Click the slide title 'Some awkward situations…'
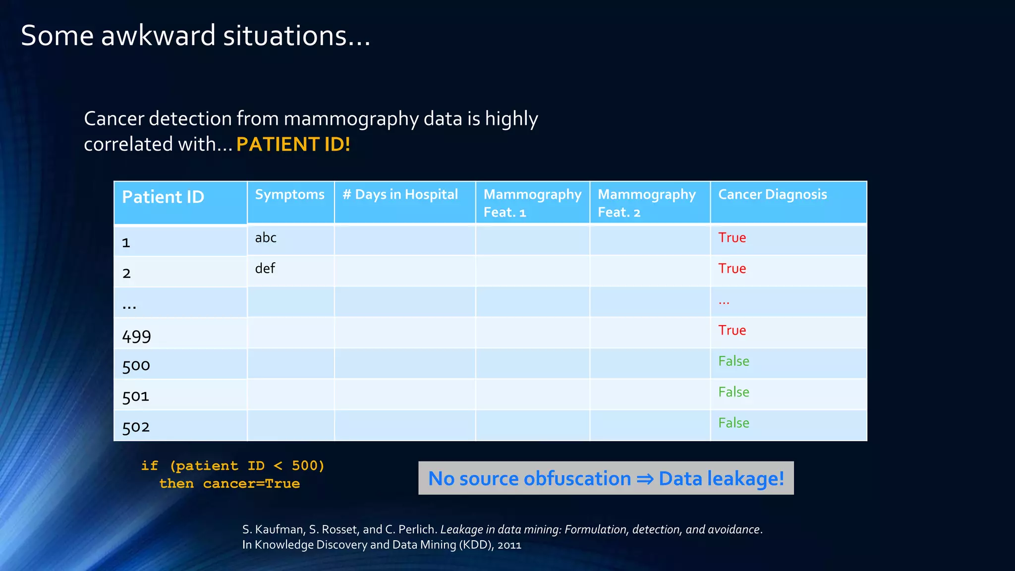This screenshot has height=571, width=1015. [x=196, y=36]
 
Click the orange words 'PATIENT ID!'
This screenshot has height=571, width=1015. [x=293, y=145]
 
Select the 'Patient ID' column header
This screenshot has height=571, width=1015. [x=163, y=197]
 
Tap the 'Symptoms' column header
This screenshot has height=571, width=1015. [x=290, y=195]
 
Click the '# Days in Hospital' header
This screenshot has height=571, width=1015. [x=400, y=195]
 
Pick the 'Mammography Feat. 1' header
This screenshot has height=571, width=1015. [x=532, y=203]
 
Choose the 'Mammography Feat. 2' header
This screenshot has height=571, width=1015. [x=647, y=203]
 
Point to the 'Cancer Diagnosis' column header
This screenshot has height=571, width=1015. [x=772, y=195]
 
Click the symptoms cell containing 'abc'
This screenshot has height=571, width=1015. [x=266, y=238]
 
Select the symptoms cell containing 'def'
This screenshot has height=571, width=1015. [x=265, y=269]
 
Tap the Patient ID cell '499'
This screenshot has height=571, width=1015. [x=136, y=337]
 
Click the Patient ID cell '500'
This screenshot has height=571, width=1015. [x=136, y=366]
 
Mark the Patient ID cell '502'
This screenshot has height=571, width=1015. [x=136, y=427]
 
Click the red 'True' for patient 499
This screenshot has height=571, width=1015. [x=732, y=331]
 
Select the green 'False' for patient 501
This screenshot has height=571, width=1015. [x=733, y=392]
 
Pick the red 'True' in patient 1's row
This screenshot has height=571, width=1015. [x=732, y=238]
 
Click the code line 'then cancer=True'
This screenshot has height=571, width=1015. [x=229, y=484]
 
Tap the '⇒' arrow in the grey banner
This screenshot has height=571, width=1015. [x=645, y=479]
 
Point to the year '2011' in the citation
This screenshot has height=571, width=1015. [x=509, y=545]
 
